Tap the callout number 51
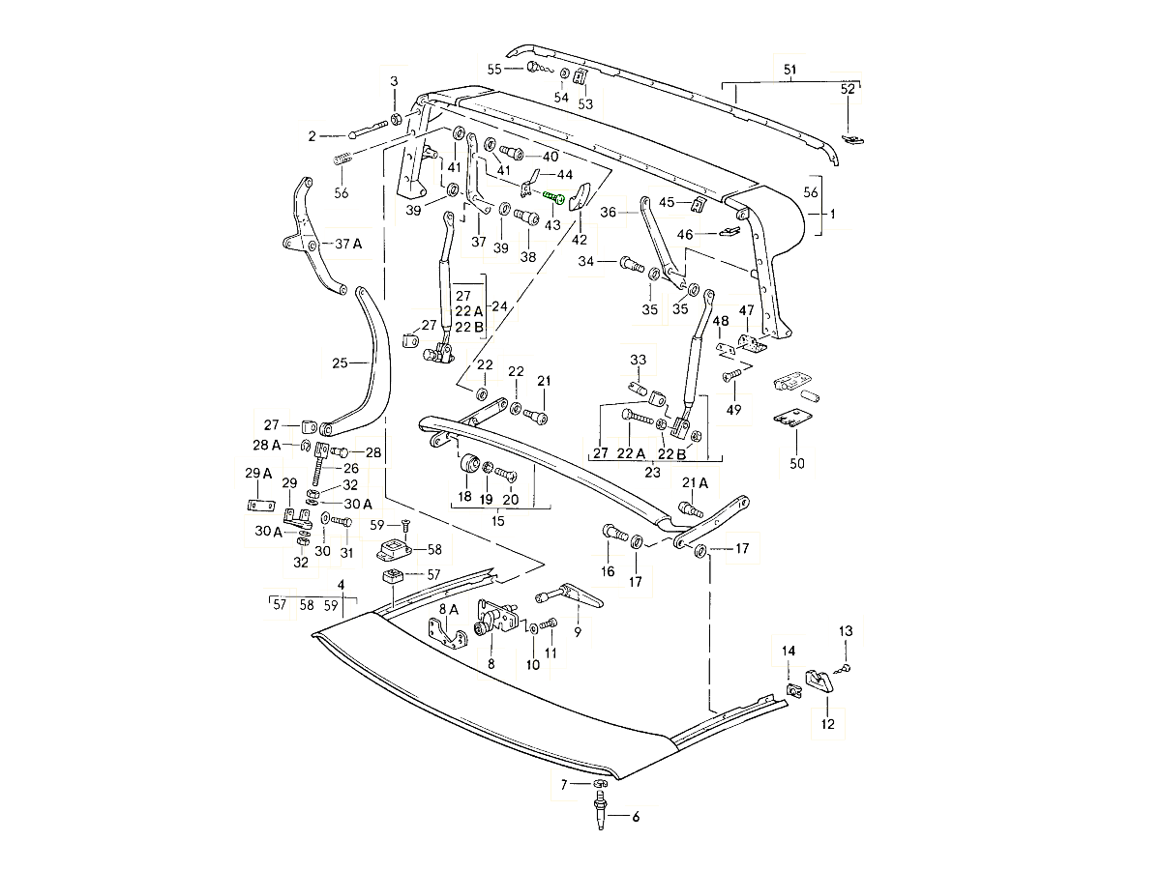pyautogui.click(x=789, y=69)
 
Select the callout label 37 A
pyautogui.click(x=348, y=244)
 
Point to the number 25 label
pyautogui.click(x=340, y=363)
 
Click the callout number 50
pyautogui.click(x=796, y=463)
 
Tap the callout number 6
pyautogui.click(x=636, y=817)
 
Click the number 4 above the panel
pyautogui.click(x=341, y=585)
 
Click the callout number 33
pyautogui.click(x=638, y=361)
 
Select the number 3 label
pyautogui.click(x=394, y=80)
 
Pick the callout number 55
pyautogui.click(x=494, y=69)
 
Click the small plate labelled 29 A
pyautogui.click(x=259, y=506)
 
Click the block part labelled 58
pyautogui.click(x=394, y=551)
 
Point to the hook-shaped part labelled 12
pyautogui.click(x=821, y=681)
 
